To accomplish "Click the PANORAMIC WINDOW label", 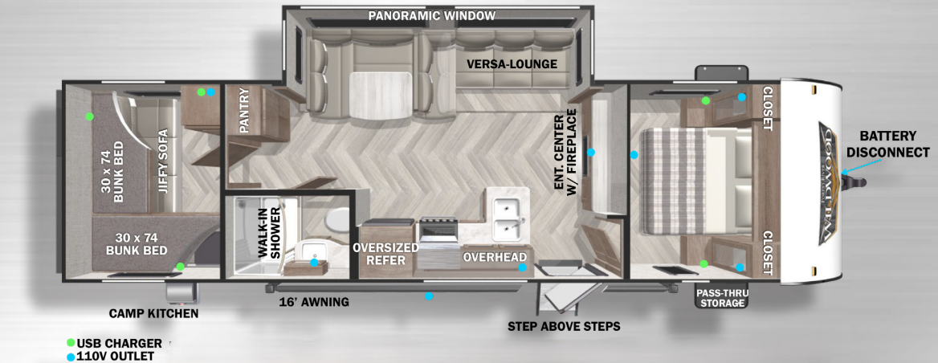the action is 432,15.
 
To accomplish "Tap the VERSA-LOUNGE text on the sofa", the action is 512,64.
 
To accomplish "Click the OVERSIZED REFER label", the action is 385,254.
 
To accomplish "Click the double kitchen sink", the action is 508,218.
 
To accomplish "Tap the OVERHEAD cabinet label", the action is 495,257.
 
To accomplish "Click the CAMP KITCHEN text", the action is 153,313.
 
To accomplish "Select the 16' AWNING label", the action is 314,302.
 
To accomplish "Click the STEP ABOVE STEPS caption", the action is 564,327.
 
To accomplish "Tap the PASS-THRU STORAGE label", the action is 721,298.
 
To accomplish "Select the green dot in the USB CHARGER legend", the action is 71,343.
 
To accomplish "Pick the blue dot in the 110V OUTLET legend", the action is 71,357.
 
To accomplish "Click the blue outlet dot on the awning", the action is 428,296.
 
